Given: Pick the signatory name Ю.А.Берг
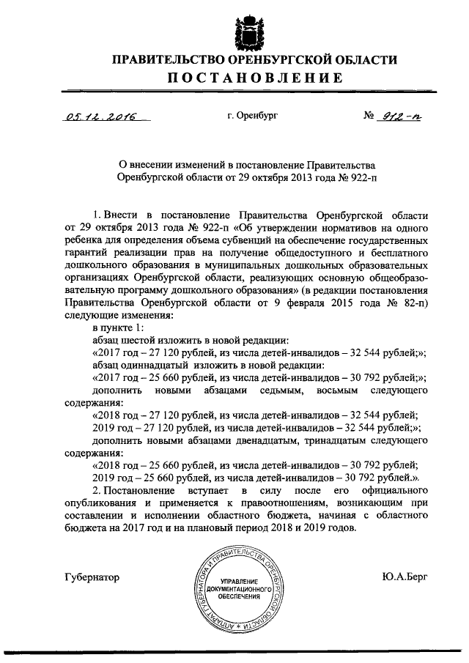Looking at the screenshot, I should [x=405, y=577].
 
